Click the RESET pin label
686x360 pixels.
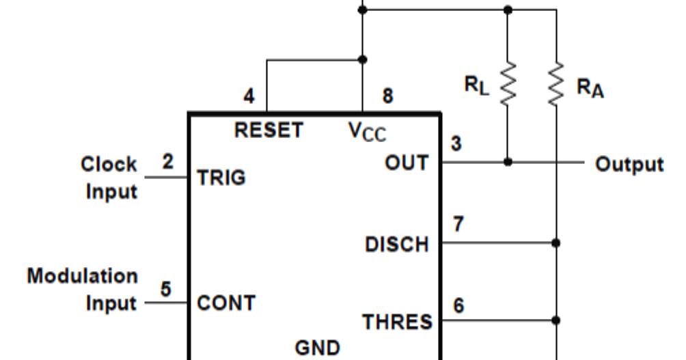269,130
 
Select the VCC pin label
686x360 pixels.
367,131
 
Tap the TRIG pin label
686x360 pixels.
221,178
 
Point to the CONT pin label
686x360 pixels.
225,303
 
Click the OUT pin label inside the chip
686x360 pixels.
407,163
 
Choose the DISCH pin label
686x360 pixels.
397,244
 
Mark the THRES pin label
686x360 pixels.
397,321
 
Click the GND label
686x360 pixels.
317,348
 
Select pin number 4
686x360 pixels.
249,97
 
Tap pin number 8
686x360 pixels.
387,96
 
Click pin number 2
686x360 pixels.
167,162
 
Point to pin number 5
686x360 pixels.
166,289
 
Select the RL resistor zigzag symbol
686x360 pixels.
507,83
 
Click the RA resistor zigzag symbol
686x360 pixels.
557,83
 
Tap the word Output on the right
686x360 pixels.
629,165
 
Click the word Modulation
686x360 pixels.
82,277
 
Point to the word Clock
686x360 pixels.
109,165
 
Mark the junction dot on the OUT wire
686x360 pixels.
507,163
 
